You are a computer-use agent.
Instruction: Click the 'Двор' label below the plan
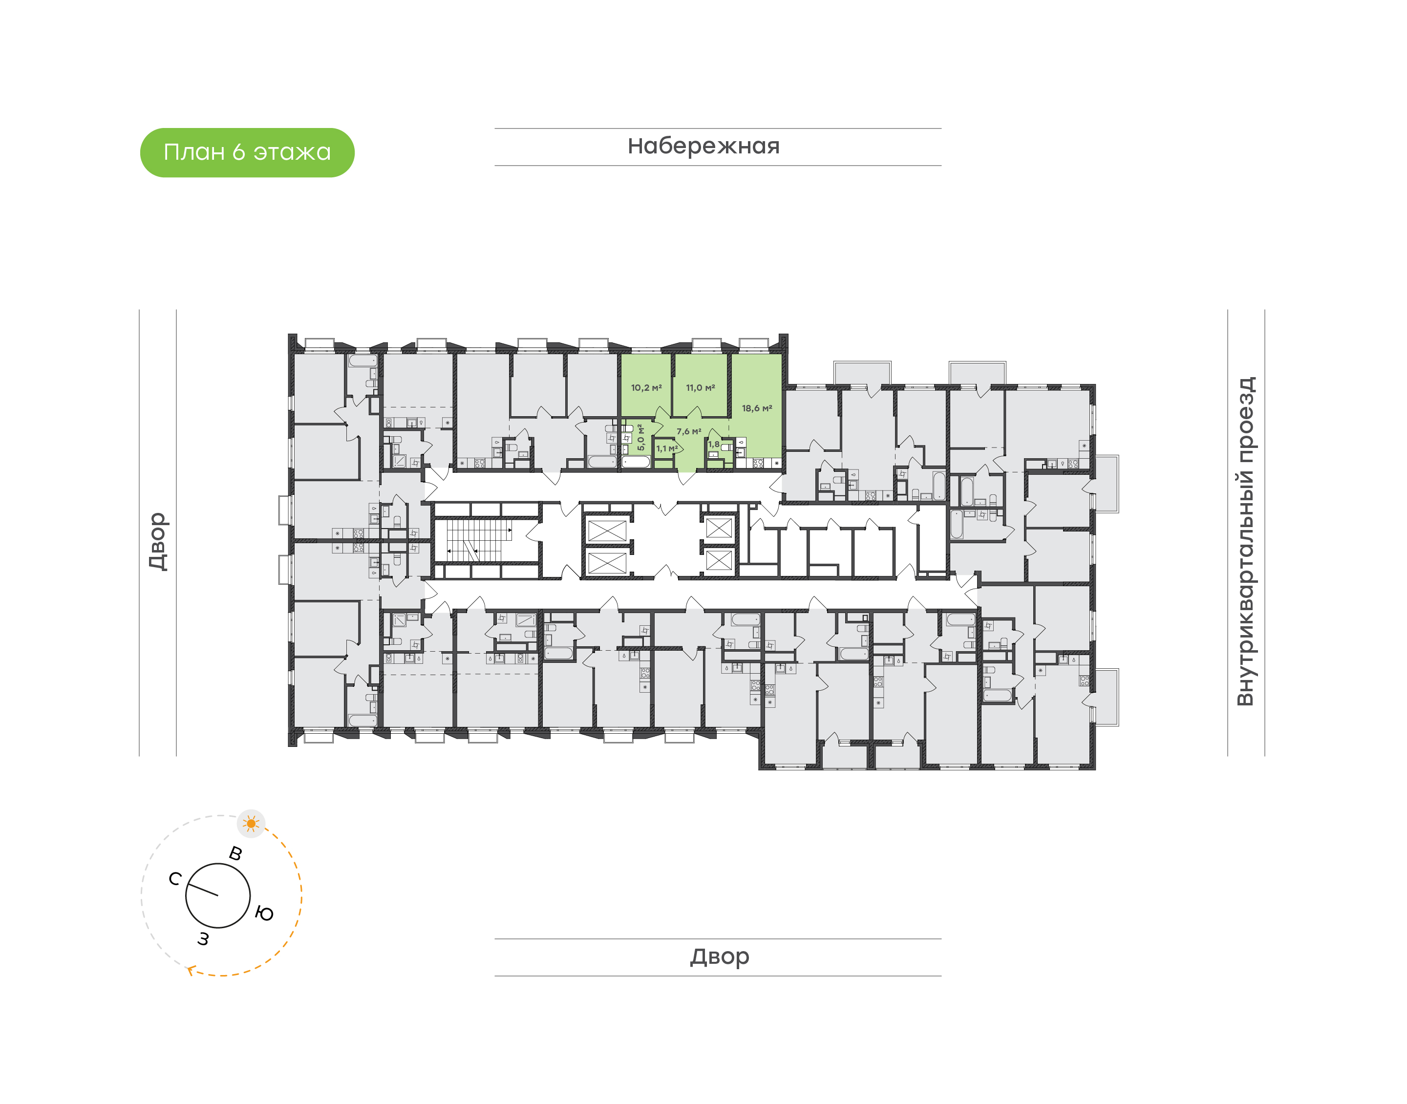[x=719, y=956]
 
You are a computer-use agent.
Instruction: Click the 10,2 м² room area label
[x=646, y=388]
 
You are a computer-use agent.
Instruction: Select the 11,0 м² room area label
[x=701, y=388]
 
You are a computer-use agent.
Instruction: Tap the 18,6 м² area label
[x=757, y=408]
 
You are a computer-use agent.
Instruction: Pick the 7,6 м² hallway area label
[x=689, y=431]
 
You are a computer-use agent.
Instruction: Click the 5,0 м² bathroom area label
[x=640, y=438]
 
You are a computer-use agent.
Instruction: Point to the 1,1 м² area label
[x=667, y=448]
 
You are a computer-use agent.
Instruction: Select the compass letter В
[x=236, y=854]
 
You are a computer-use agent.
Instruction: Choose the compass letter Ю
[x=264, y=913]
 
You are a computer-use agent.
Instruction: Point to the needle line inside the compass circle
[x=203, y=890]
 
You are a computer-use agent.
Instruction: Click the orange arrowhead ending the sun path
[x=191, y=970]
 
